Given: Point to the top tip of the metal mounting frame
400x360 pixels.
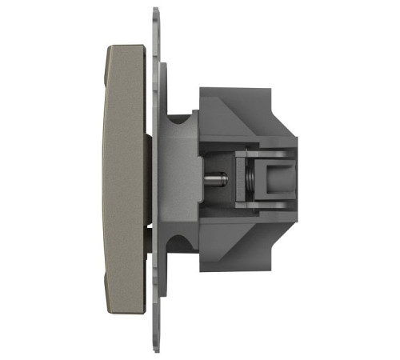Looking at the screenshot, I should click(154, 10).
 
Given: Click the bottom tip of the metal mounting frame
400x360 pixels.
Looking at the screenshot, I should click(154, 350).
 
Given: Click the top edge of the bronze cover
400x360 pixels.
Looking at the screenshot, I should click(128, 46).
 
